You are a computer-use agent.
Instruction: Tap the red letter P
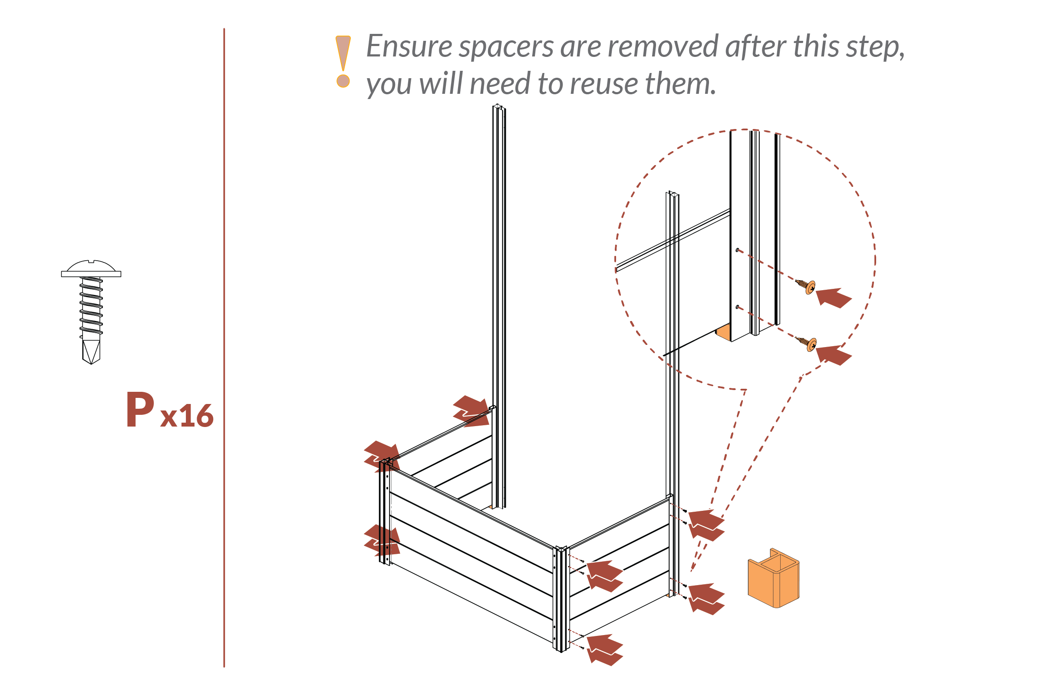coord(140,410)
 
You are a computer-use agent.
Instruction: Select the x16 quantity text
coord(187,416)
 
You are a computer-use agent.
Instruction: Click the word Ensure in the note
coord(409,46)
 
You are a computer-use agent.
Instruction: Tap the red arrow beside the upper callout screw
coord(834,298)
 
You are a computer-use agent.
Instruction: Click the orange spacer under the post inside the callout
coord(723,332)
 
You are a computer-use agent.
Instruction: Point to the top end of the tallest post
coord(498,107)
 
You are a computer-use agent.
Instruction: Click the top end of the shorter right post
coord(673,194)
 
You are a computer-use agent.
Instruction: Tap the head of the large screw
coord(91,268)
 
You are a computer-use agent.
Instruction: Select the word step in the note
coord(875,47)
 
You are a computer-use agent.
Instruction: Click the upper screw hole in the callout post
coord(737,251)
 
